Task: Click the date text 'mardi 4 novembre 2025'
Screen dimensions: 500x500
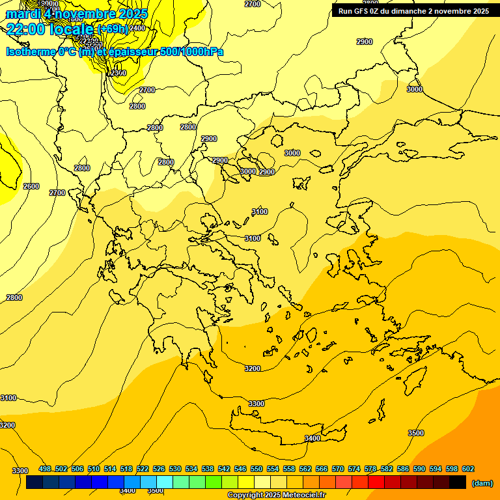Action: pyautogui.click(x=77, y=14)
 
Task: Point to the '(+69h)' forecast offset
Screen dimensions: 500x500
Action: pyautogui.click(x=113, y=29)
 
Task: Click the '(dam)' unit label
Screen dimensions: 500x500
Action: pyautogui.click(x=482, y=483)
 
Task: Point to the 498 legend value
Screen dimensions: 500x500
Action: pyautogui.click(x=45, y=469)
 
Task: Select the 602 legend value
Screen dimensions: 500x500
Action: pyautogui.click(x=468, y=469)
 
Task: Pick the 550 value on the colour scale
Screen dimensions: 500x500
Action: pyautogui.click(x=257, y=469)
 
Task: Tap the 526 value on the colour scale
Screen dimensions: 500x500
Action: pyautogui.click(x=159, y=469)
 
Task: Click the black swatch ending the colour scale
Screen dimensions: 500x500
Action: pyautogui.click(x=458, y=482)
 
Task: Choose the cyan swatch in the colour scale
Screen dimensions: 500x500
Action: pyautogui.click(x=165, y=482)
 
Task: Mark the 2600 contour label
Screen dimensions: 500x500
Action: pyautogui.click(x=31, y=186)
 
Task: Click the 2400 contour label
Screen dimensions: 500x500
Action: pyautogui.click(x=137, y=28)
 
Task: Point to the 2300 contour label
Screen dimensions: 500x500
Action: pyautogui.click(x=118, y=73)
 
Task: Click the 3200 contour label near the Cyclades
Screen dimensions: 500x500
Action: pyautogui.click(x=253, y=368)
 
